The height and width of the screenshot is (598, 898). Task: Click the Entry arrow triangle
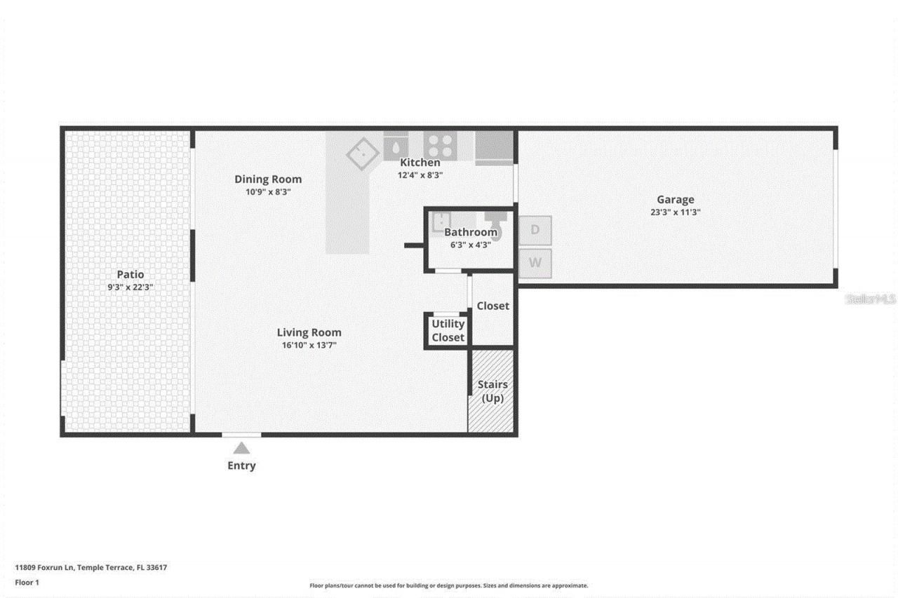click(x=241, y=448)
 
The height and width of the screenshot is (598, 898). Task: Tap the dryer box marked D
click(x=535, y=230)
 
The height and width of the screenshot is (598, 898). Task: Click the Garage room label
click(x=675, y=200)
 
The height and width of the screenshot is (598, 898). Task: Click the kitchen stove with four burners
click(x=440, y=147)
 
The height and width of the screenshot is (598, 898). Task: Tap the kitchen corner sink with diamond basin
click(x=363, y=153)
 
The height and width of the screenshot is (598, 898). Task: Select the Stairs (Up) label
click(x=492, y=391)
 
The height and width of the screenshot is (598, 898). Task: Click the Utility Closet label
click(x=448, y=330)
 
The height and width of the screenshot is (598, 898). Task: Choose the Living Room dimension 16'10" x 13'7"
click(x=309, y=345)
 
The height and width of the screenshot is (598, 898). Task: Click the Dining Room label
click(x=268, y=179)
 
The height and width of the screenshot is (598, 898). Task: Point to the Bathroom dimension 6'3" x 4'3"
click(x=470, y=245)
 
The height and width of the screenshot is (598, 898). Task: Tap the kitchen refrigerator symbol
click(x=495, y=147)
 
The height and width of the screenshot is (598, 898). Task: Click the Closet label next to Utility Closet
click(x=492, y=306)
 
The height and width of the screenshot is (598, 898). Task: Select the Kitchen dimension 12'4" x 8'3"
click(x=420, y=175)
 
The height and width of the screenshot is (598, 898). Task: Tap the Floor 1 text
click(x=27, y=583)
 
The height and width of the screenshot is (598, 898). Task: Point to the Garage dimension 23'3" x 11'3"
click(x=675, y=212)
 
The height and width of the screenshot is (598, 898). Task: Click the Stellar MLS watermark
click(x=870, y=299)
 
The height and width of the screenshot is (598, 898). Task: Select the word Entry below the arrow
click(x=241, y=466)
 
